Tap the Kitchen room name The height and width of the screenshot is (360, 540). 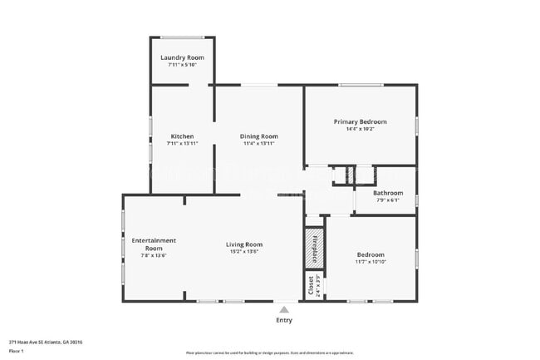[x=182, y=136]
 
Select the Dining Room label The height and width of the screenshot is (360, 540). [x=259, y=136]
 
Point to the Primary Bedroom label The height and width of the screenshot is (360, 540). [x=360, y=121]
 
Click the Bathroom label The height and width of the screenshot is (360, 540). [x=387, y=193]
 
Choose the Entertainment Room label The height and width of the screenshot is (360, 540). [x=154, y=244]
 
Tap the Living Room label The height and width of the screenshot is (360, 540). [x=243, y=244]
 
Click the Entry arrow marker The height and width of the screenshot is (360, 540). [x=284, y=308]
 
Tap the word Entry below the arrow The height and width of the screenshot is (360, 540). [x=284, y=320]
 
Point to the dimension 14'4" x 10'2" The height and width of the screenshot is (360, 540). [x=360, y=129]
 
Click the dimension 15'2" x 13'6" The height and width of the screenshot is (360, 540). [x=243, y=252]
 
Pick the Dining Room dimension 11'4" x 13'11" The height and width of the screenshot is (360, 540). [x=259, y=144]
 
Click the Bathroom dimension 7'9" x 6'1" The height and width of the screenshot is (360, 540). [x=387, y=200]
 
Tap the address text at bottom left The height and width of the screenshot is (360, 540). [x=46, y=342]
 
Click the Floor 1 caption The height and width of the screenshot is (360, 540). [x=17, y=352]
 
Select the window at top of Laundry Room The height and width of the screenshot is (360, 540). [x=182, y=37]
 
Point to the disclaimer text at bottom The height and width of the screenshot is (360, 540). [x=270, y=352]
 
